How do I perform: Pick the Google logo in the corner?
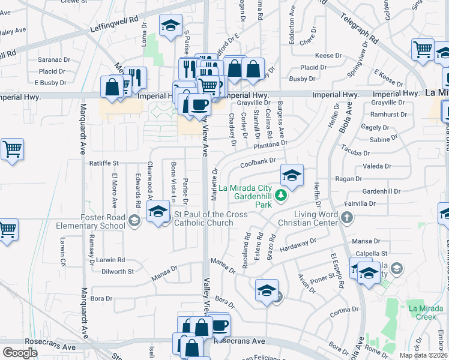click(x=20, y=352)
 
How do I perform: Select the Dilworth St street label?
click(x=118, y=271)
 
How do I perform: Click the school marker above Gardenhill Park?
click(x=292, y=175)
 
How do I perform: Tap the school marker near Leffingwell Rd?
click(x=171, y=26)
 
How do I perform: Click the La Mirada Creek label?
click(x=425, y=312)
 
